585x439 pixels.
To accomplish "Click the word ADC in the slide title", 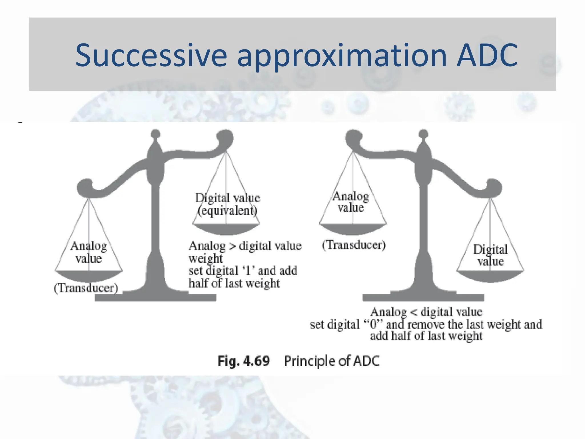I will [487, 55].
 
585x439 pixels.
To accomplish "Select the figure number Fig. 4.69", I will [244, 361].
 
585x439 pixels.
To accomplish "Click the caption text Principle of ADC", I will [332, 361].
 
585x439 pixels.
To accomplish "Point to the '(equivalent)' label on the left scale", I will [228, 211].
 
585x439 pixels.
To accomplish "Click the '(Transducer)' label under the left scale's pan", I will [86, 288].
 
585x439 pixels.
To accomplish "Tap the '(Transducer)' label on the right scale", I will [354, 245].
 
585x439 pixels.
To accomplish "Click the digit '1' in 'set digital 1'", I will [248, 270].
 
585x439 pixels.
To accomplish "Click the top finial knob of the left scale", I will [155, 133].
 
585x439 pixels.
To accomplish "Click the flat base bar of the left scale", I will [155, 298].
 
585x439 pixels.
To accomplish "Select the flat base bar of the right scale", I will [423, 298].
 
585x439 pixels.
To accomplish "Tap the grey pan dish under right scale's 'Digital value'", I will [490, 276].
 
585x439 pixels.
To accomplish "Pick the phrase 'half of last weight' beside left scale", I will [234, 283].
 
